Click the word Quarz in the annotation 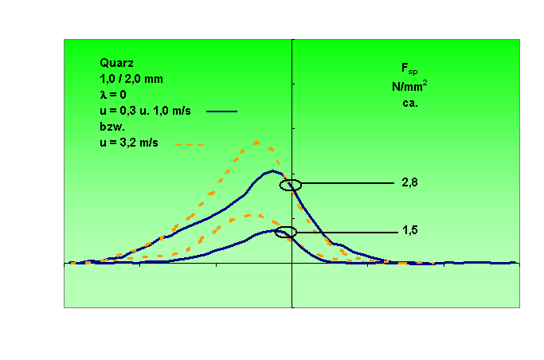(x=115, y=61)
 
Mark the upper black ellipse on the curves (x=291, y=185)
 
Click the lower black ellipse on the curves (x=286, y=233)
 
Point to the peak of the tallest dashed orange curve (x=257, y=142)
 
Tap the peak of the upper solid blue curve (x=272, y=170)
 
